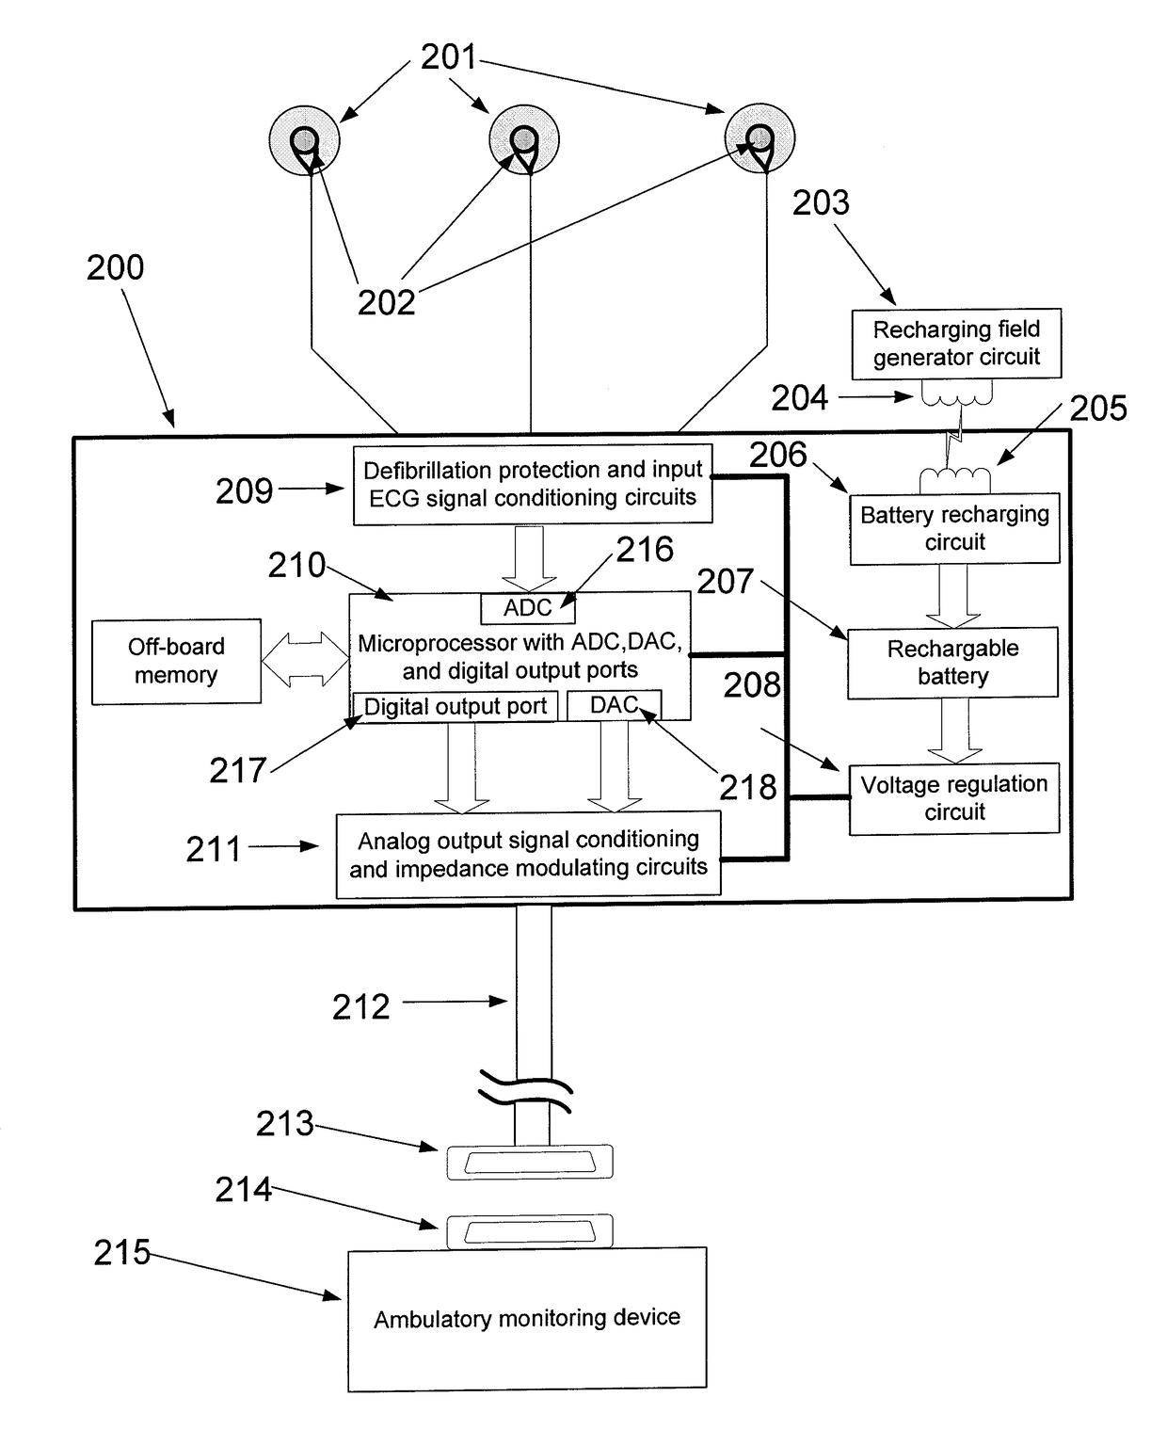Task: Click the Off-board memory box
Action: tap(176, 661)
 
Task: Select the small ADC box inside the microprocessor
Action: tap(528, 608)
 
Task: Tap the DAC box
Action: tap(614, 705)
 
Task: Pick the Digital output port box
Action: tap(455, 707)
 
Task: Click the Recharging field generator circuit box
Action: tap(956, 344)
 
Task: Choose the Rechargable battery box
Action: tap(952, 662)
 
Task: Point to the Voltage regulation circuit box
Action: tap(954, 797)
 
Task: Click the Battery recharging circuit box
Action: tap(954, 528)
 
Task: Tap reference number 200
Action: tap(115, 267)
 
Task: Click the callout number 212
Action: tap(360, 1006)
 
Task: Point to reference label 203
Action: tap(822, 202)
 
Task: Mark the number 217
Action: tap(237, 771)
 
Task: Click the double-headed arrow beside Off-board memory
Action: tap(305, 659)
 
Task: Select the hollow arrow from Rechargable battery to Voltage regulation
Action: tap(954, 731)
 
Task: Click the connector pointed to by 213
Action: tap(530, 1162)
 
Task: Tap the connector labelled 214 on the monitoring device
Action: tap(530, 1231)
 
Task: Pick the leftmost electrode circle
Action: tap(305, 140)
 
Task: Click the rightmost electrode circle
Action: tap(759, 138)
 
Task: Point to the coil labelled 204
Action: tap(956, 393)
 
